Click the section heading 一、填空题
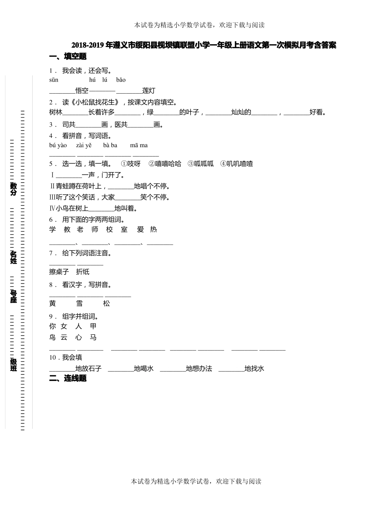68,57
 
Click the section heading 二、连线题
68,379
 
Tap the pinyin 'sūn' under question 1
54,80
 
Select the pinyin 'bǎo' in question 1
121,80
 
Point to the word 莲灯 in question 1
149,91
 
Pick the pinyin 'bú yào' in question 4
58,146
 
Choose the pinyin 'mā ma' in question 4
139,146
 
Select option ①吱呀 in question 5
131,164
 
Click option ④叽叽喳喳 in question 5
237,164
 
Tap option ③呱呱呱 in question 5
201,164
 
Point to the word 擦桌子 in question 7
59,272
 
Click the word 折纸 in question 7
83,272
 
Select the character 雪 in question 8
79,304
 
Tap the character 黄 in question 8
53,304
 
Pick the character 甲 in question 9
93,327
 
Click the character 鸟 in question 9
53,338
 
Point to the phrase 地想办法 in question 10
199,369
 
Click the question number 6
51,220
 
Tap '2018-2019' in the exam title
88,45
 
